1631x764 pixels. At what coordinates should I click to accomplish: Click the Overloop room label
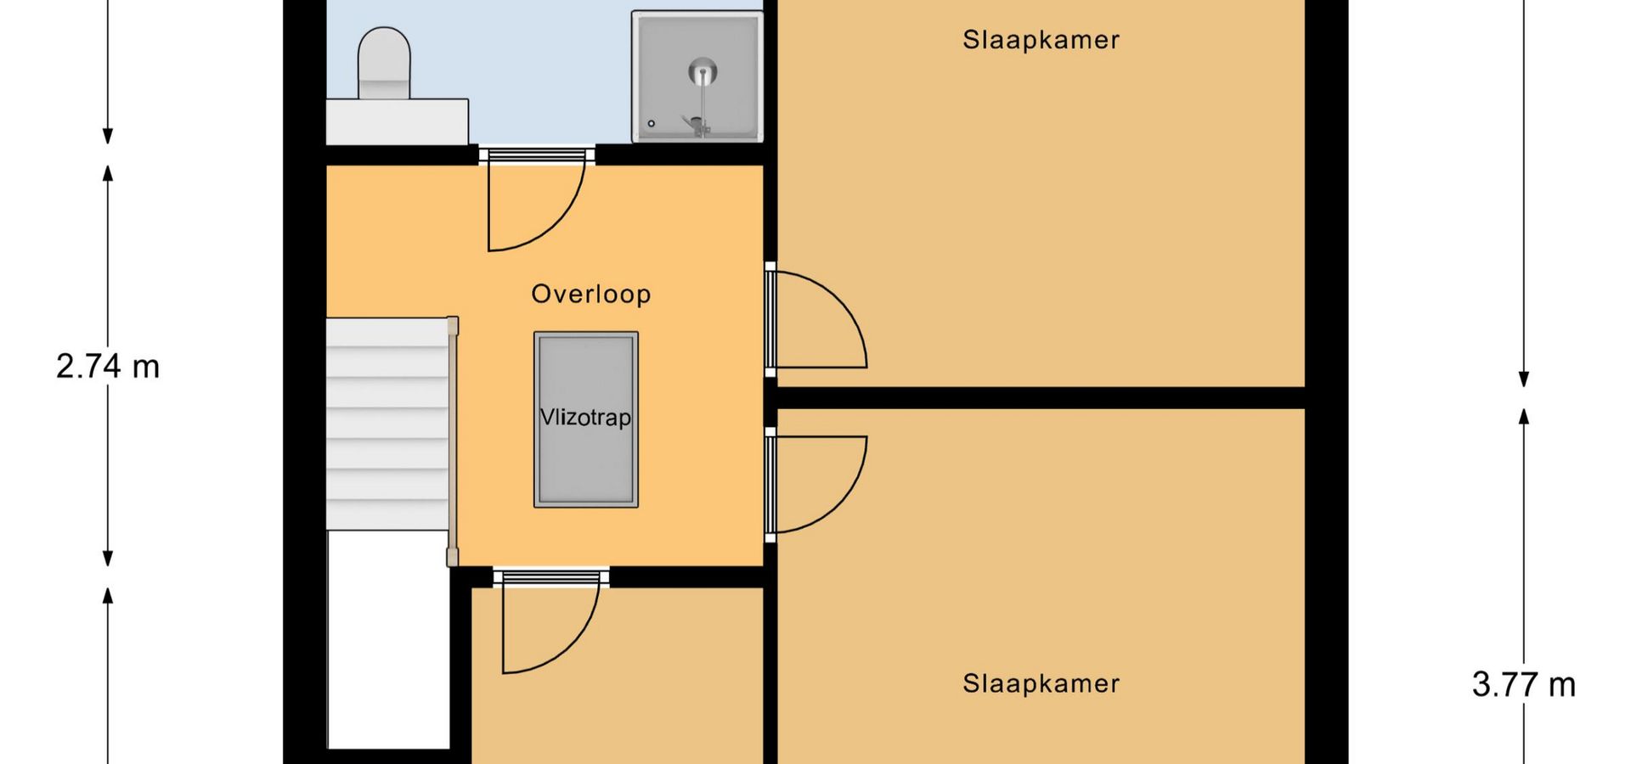pos(591,294)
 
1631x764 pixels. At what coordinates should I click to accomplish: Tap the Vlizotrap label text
pos(586,418)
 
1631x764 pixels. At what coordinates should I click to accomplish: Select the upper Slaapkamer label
pos(1041,40)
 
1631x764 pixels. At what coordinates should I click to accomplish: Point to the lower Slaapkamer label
pos(1041,683)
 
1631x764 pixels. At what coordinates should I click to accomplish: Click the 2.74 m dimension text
pos(108,367)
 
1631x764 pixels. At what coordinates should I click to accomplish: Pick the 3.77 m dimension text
pos(1523,684)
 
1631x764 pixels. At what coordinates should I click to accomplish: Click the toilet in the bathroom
pos(384,64)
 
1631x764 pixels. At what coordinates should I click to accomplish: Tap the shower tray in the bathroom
pos(697,76)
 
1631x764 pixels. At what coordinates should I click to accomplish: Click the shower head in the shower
pos(702,72)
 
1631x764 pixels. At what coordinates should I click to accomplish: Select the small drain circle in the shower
pos(652,124)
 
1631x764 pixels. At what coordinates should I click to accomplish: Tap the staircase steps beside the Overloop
pos(387,424)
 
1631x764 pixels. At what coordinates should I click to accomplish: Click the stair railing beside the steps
pos(453,441)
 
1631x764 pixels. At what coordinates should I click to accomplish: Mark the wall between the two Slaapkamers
pos(1041,398)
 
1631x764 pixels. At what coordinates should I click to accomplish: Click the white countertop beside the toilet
pos(398,121)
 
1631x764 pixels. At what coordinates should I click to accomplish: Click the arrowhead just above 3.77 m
pos(1524,416)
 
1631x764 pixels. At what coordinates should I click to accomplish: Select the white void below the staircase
pos(388,640)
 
